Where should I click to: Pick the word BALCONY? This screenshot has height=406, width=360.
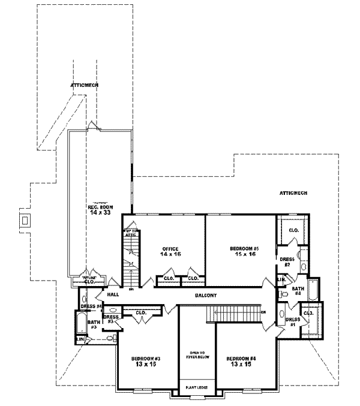[205, 296]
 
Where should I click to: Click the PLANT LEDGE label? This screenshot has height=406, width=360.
[197, 388]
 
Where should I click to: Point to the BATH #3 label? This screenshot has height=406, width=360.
[94, 324]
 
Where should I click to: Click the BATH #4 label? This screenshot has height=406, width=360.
[298, 290]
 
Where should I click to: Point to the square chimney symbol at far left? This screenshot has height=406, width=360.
[25, 220]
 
